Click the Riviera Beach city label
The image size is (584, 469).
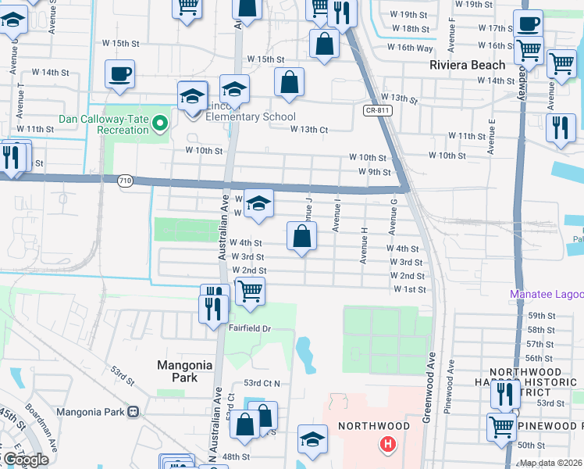point(467,65)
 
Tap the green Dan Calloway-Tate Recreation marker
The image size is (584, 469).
point(161,124)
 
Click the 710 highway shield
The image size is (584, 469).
point(124,181)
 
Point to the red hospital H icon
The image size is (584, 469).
point(386,446)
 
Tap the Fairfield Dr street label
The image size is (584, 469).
point(249,328)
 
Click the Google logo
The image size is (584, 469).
point(25,460)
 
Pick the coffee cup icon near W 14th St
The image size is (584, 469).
point(119,74)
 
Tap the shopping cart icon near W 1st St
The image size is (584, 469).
point(250,291)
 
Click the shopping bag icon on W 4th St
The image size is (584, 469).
point(301,236)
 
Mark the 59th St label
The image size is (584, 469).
point(540,315)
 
